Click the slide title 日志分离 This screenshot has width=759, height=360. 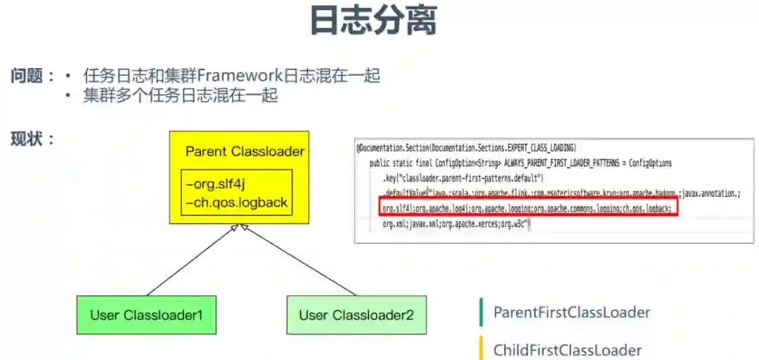click(373, 21)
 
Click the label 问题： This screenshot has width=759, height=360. click(32, 76)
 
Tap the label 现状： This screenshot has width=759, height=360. click(32, 139)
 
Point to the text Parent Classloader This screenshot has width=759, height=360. click(245, 151)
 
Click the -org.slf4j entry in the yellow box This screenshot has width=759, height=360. click(216, 184)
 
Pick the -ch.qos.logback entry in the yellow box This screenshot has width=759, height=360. click(236, 202)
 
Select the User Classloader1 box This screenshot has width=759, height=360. click(146, 315)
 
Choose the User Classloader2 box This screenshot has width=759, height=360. click(356, 315)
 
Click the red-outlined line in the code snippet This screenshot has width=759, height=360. click(527, 209)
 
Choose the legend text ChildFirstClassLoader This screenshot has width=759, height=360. click(567, 350)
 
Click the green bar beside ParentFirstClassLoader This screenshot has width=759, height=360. click(481, 313)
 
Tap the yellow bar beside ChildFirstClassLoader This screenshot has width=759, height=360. click(481, 349)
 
